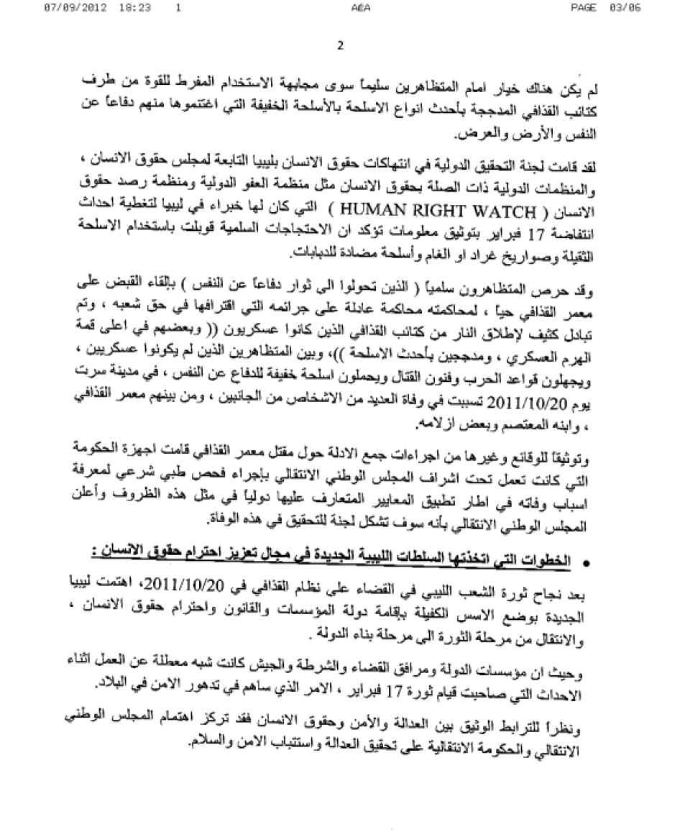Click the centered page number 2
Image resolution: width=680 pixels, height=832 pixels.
coord(340,47)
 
